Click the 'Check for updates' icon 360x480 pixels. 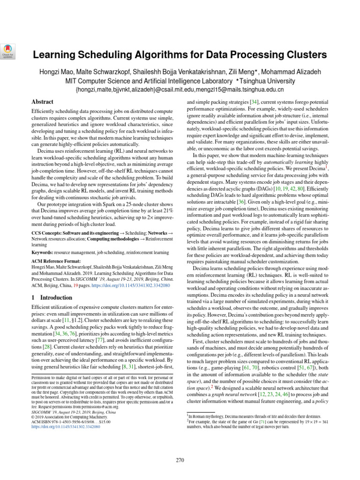pyautogui.click(x=7, y=51)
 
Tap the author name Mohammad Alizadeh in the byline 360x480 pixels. pyautogui.click(x=297, y=71)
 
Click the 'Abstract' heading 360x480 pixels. pyautogui.click(x=42, y=102)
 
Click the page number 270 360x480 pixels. pyautogui.click(x=180, y=460)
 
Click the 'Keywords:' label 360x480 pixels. pyautogui.click(x=44, y=252)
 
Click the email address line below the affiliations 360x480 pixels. pyautogui.click(x=180, y=89)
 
